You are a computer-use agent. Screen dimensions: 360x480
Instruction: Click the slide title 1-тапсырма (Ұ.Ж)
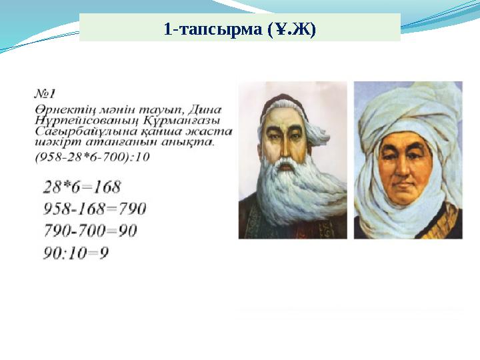(240, 29)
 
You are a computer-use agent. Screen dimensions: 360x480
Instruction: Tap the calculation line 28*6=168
(82, 187)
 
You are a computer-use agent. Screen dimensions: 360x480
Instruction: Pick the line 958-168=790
(95, 209)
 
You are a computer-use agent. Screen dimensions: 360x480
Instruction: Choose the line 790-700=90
(90, 231)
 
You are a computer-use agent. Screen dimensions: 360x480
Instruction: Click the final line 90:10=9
(76, 253)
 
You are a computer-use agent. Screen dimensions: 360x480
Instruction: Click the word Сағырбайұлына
(75, 132)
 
